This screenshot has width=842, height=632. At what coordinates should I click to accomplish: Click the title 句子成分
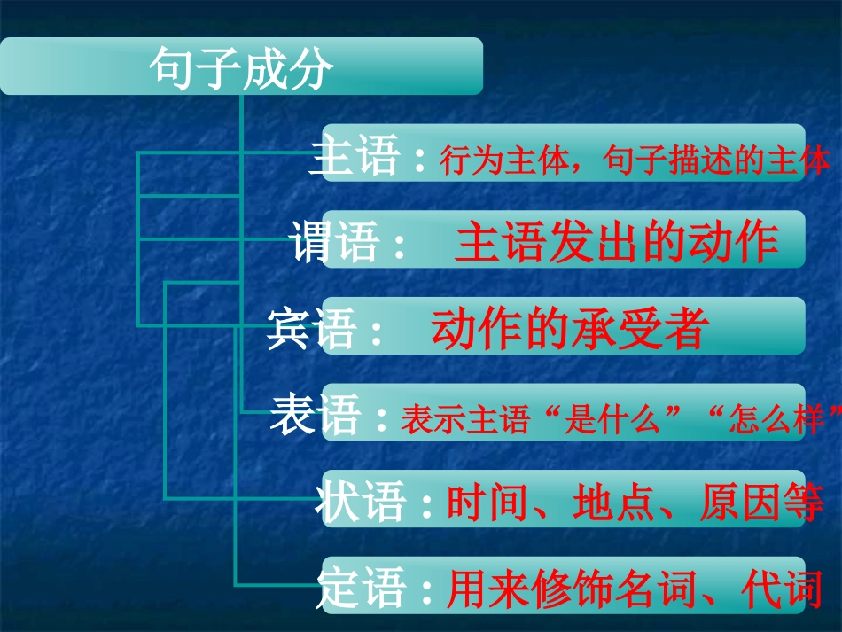(x=241, y=68)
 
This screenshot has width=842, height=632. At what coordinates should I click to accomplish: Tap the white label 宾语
(x=312, y=330)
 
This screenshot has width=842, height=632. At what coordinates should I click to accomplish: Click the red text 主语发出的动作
(x=617, y=242)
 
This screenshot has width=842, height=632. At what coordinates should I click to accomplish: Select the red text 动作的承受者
(x=570, y=329)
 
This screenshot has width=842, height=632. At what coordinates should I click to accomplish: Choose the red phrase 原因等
(x=761, y=503)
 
